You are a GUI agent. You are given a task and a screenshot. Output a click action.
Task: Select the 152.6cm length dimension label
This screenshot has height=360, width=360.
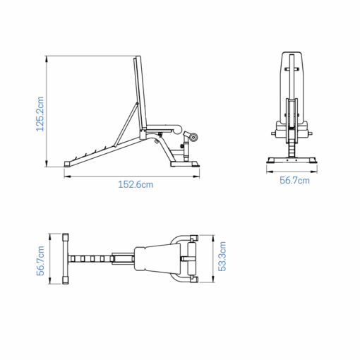point(136,184)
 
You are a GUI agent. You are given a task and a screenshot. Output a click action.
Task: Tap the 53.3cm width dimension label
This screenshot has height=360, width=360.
point(222,258)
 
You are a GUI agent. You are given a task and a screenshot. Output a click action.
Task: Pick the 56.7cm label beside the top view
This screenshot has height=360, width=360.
point(41,259)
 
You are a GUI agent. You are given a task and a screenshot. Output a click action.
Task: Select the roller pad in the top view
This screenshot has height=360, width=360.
point(190,258)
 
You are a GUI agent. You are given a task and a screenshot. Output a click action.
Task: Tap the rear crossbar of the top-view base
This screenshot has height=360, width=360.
point(65,258)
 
